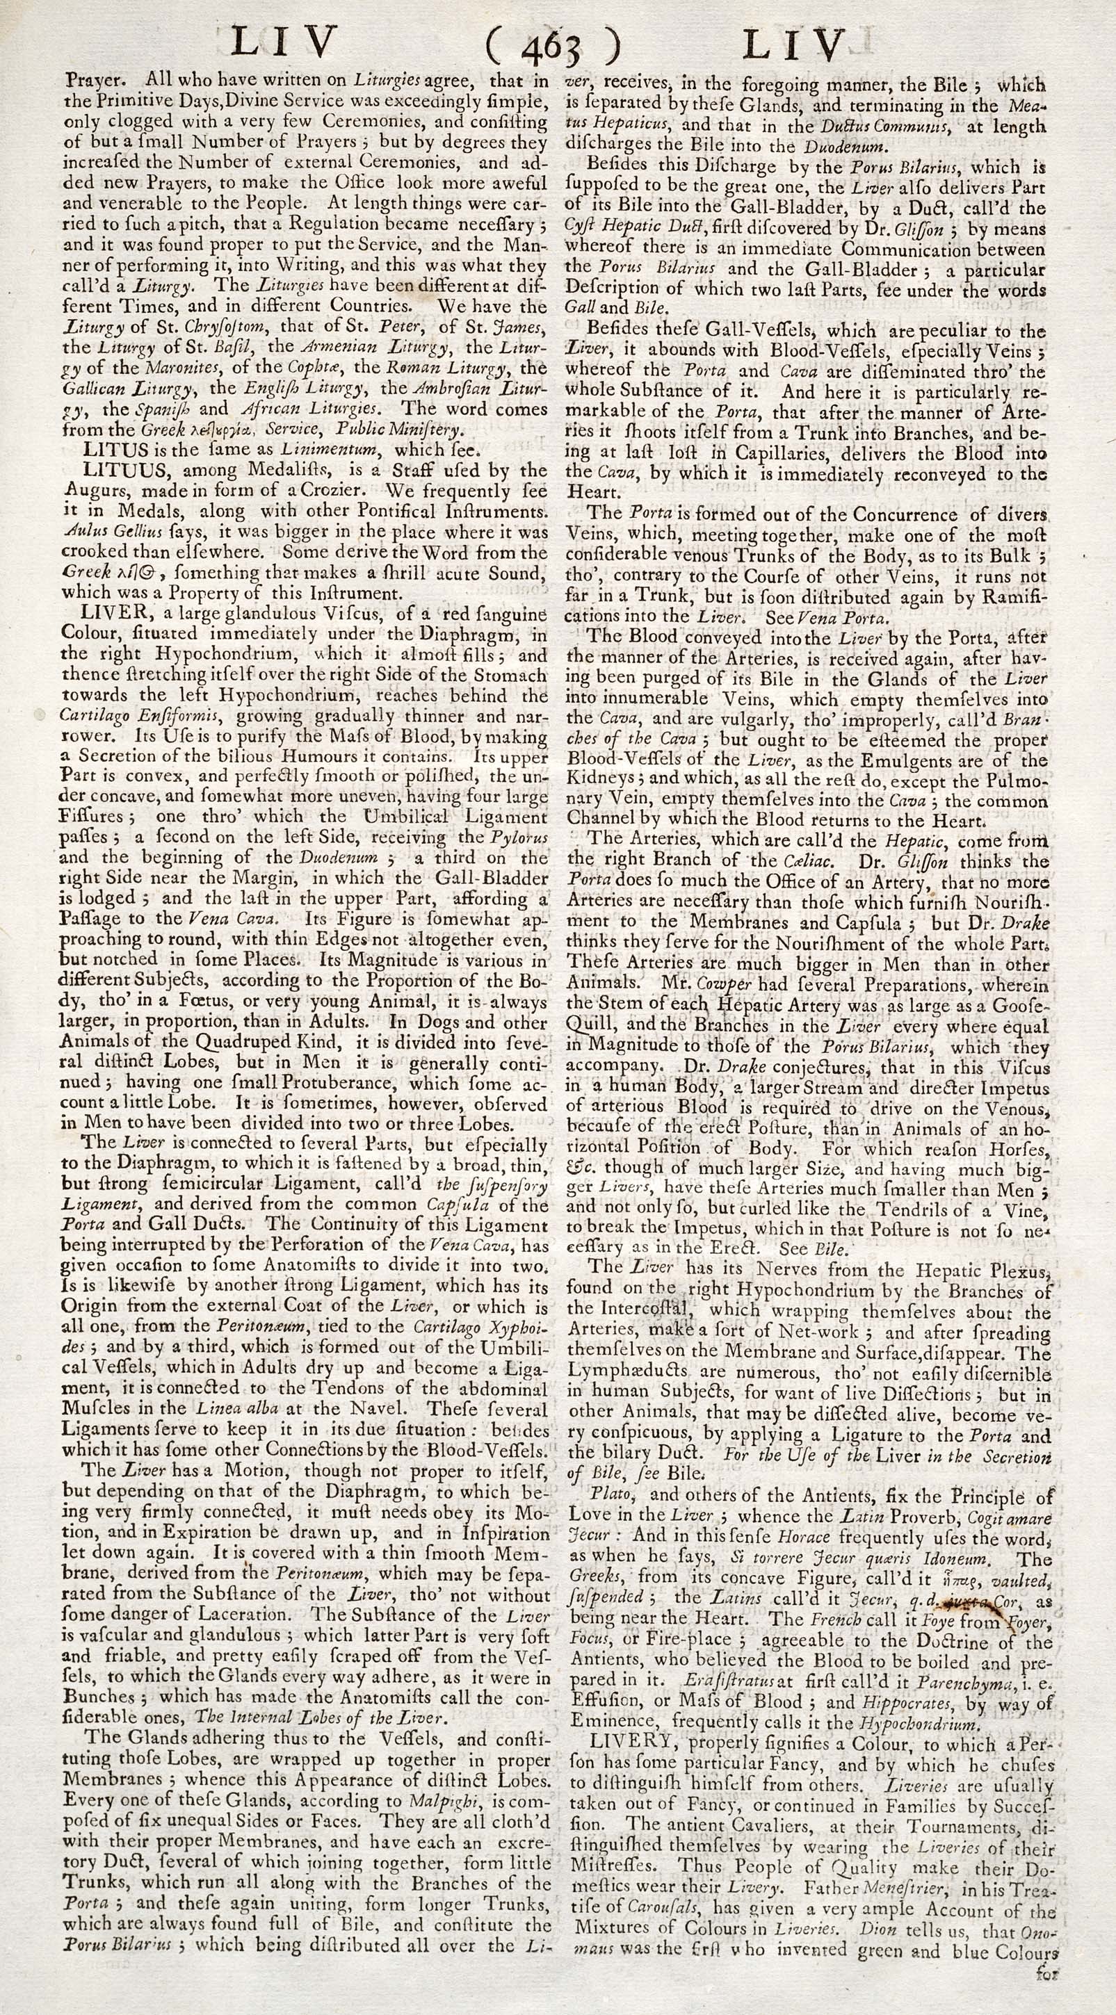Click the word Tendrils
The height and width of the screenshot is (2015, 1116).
896,1210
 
